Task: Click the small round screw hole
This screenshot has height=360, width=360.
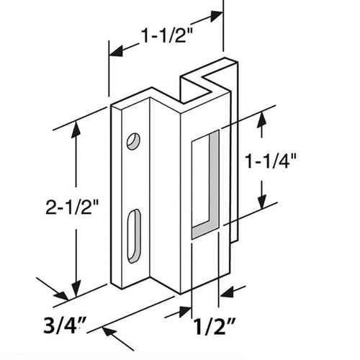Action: pos(132,141)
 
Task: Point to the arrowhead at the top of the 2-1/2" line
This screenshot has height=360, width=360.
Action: pos(76,129)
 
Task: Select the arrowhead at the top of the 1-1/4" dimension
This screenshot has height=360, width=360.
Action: pos(262,117)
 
